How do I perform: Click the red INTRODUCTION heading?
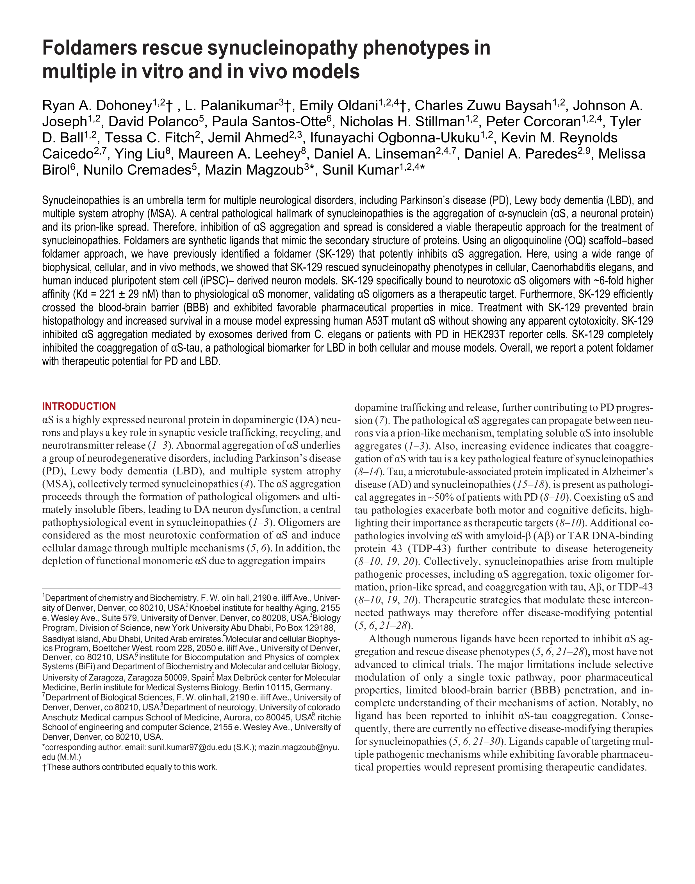(79, 406)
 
